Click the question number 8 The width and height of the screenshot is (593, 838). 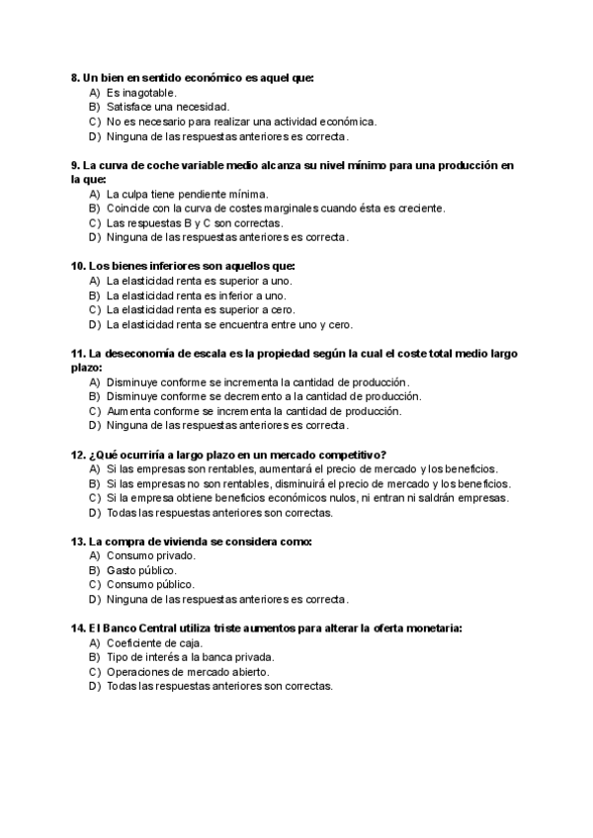(x=75, y=77)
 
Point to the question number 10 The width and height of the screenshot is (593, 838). (x=78, y=266)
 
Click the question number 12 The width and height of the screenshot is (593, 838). (x=78, y=455)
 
